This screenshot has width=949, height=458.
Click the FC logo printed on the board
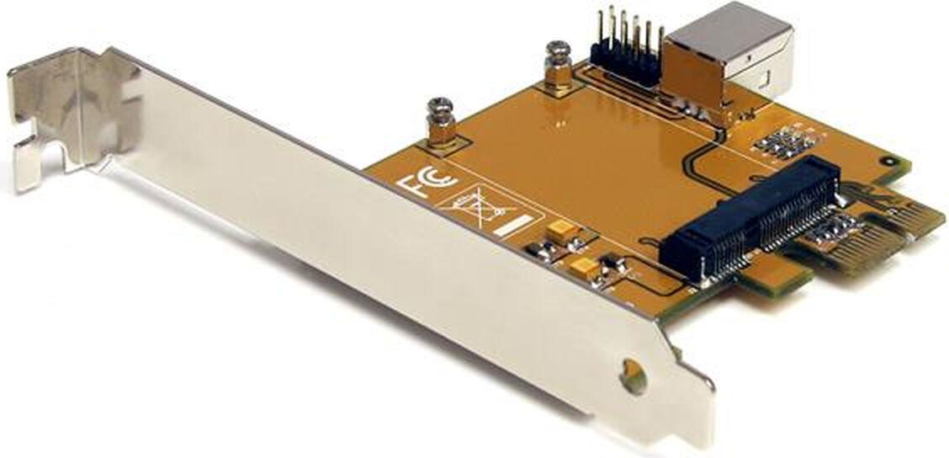pos(426,181)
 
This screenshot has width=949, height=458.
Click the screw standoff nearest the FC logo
pos(441,124)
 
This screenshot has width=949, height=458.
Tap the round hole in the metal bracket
pos(634,377)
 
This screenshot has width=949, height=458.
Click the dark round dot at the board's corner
pos(885,160)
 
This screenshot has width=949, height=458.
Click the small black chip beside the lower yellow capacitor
pos(612,269)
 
